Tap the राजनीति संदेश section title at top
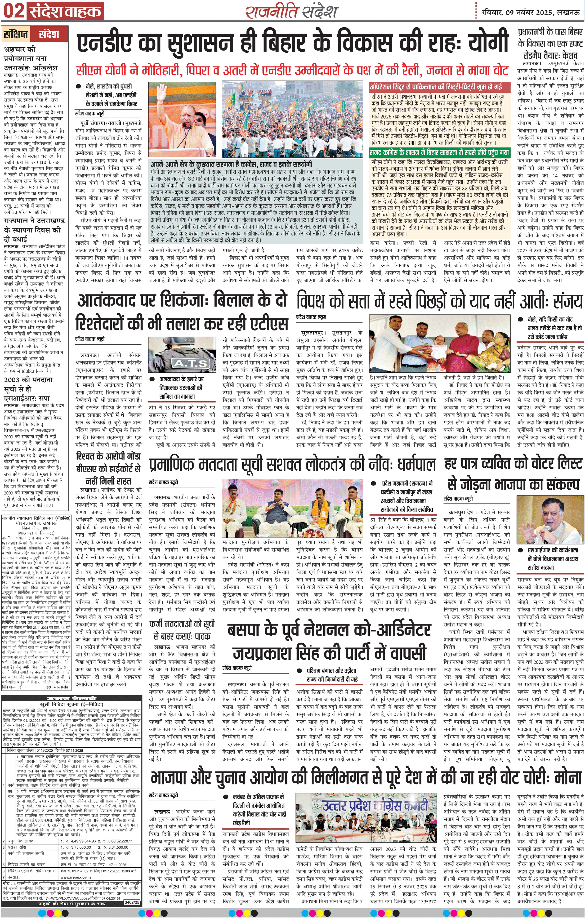coord(292,11)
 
